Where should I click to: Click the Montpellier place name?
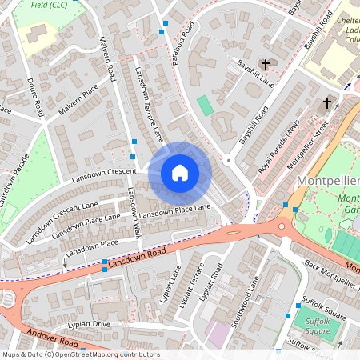point(328,181)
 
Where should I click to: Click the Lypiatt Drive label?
point(90,324)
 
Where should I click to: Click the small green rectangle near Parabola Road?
point(206,105)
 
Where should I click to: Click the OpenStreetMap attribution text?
point(80,354)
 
